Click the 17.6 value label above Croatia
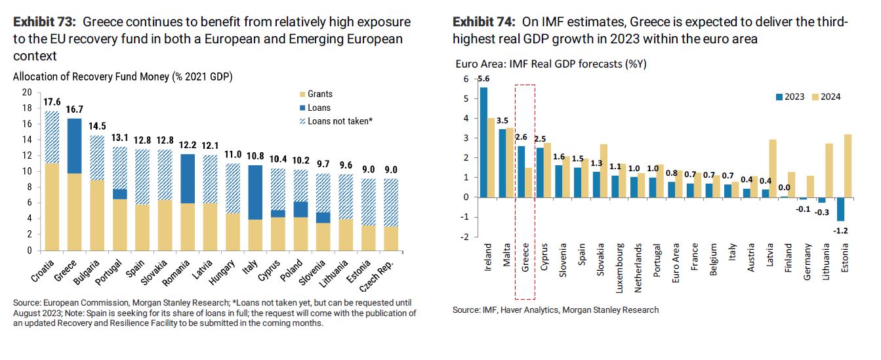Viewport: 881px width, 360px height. [51, 102]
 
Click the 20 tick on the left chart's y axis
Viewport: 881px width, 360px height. [27, 92]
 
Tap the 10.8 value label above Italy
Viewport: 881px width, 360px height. [255, 157]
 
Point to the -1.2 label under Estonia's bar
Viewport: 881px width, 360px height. [840, 230]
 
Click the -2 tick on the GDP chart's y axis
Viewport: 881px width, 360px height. [465, 237]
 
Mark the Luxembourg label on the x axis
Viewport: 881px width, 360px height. [620, 268]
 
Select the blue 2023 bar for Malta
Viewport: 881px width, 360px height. [502, 163]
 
